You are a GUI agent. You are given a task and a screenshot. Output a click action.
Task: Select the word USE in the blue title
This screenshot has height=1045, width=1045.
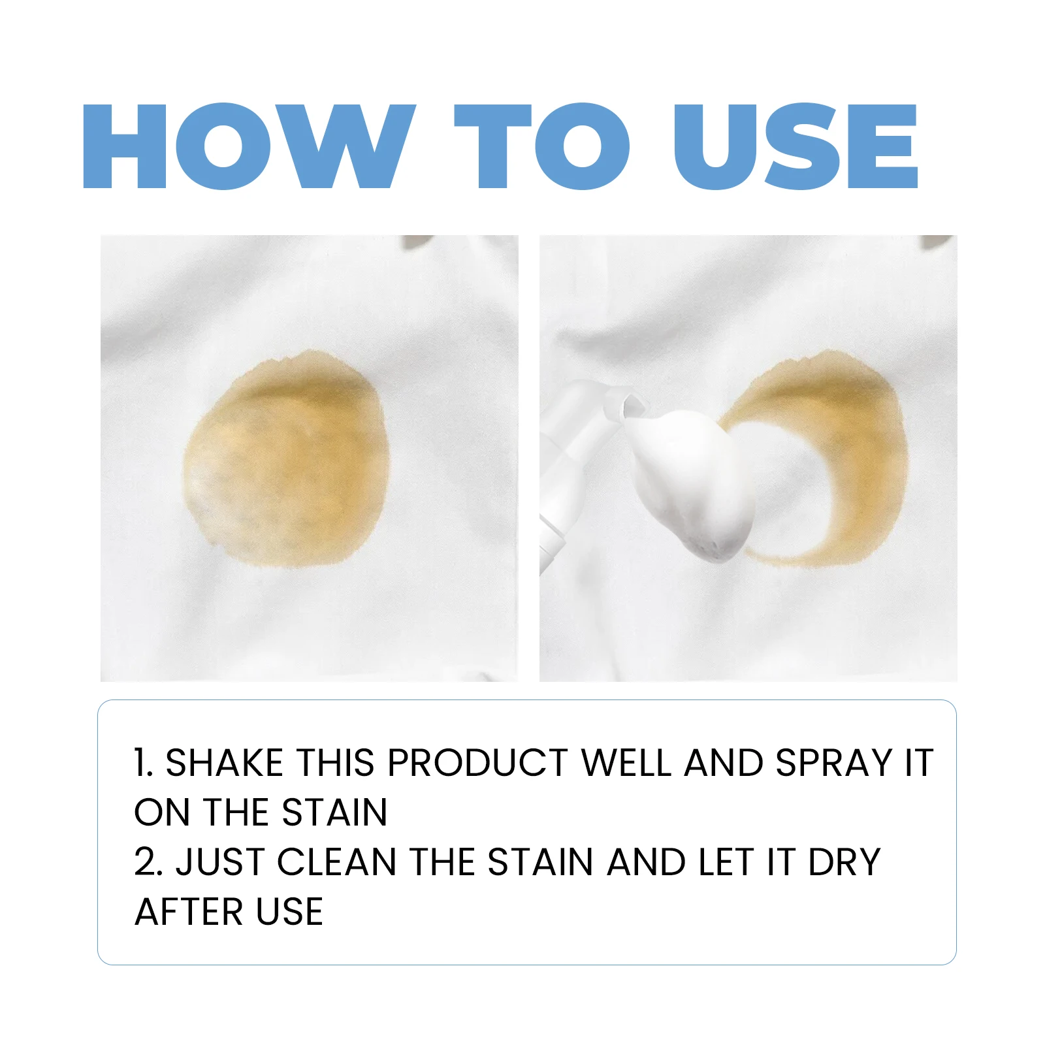[796, 146]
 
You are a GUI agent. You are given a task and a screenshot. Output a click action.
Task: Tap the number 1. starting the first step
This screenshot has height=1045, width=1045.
[143, 763]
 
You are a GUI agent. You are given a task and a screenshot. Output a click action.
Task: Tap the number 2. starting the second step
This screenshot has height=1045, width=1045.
[148, 862]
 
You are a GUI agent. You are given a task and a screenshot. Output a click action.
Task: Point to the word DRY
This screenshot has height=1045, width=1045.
[844, 862]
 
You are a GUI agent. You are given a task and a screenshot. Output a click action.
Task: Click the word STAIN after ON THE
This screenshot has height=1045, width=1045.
[334, 812]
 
